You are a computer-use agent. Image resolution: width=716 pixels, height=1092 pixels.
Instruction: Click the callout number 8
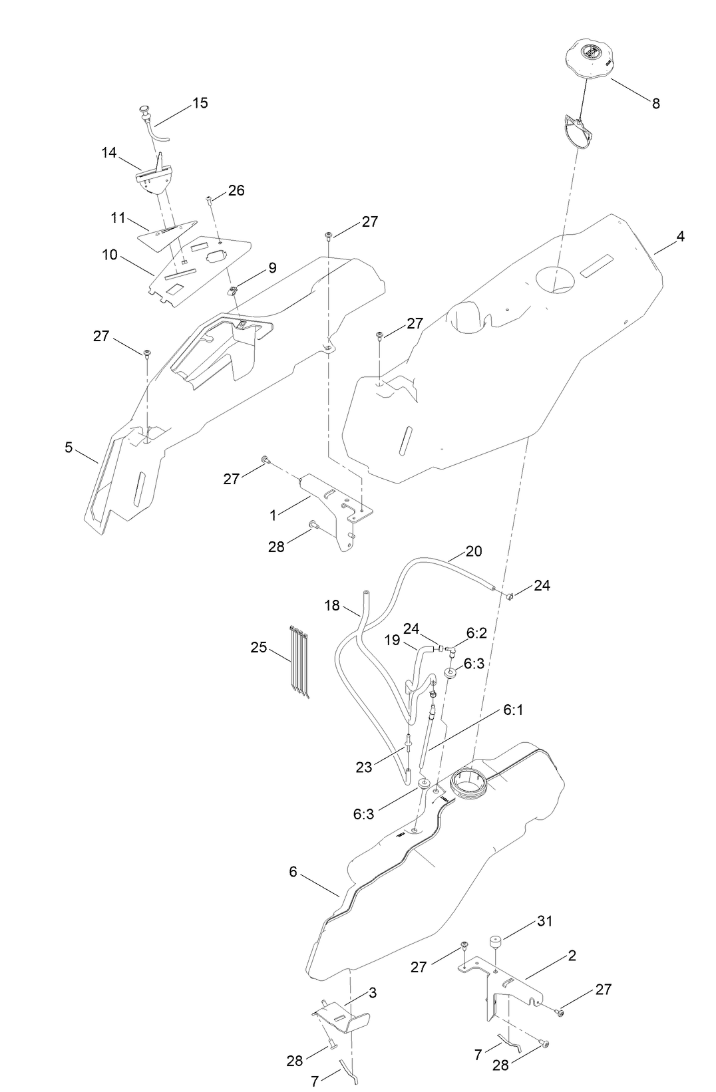coord(655,104)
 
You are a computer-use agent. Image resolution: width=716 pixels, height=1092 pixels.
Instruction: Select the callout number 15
coord(200,103)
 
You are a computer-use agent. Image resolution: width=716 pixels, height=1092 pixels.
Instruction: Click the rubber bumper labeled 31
coord(494,943)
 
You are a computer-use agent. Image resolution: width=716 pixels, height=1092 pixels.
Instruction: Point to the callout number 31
coord(545,921)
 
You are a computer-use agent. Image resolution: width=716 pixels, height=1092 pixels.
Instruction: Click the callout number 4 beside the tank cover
coord(680,237)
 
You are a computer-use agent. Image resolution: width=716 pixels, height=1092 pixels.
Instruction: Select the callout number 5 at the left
coord(69,448)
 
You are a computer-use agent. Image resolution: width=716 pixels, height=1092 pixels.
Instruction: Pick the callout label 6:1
coord(512,710)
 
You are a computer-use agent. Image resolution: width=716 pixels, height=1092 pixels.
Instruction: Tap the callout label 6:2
coord(476,633)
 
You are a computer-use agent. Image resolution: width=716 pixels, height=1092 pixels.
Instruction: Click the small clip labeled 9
coord(234,290)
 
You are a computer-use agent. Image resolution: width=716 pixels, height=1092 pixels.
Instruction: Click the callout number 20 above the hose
coord(474,551)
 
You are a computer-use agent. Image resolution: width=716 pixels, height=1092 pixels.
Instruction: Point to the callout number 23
coord(364,767)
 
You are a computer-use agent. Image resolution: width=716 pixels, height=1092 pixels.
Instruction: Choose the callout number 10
coord(110,255)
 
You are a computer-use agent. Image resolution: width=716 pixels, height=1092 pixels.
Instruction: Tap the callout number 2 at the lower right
coord(572,956)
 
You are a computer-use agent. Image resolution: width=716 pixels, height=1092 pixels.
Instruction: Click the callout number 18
coord(332,605)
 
